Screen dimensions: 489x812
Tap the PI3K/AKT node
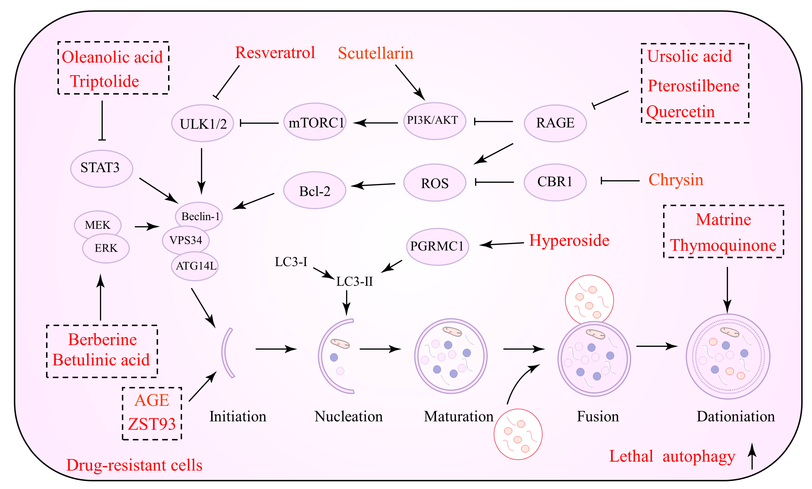[434, 121]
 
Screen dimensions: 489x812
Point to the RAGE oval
[555, 123]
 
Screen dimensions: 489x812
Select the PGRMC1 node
[437, 246]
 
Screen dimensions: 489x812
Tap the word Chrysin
[676, 180]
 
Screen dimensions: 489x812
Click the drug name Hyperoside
[569, 241]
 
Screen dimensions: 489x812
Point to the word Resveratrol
[275, 53]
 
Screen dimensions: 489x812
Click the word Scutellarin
[375, 53]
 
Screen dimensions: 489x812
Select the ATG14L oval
[195, 266]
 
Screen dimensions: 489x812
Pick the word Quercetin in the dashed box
[680, 112]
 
